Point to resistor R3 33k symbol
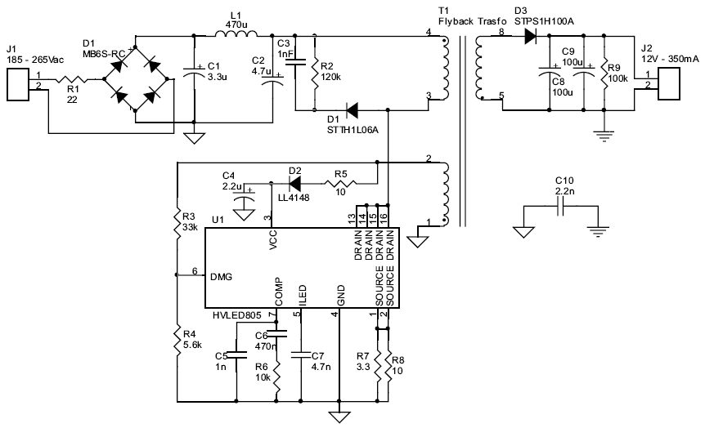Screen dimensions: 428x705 (x=177, y=219)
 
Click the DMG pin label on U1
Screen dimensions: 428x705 (x=222, y=277)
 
